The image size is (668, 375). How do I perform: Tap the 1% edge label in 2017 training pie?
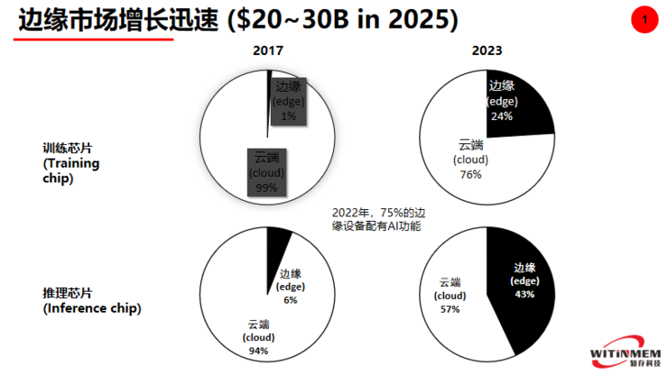pos(288,116)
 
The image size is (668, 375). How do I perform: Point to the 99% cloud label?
pos(265,187)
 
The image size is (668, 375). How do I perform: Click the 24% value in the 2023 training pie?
pos(502,115)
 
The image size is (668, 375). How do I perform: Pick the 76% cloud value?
pos(470,174)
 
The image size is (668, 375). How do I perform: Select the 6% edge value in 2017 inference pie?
pos(290,300)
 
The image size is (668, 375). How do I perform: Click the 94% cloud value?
pos(258,351)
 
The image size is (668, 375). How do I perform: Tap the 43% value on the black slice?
pos(524,294)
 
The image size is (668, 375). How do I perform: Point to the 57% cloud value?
pos(450,308)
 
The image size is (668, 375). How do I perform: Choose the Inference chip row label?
pos(90,301)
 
